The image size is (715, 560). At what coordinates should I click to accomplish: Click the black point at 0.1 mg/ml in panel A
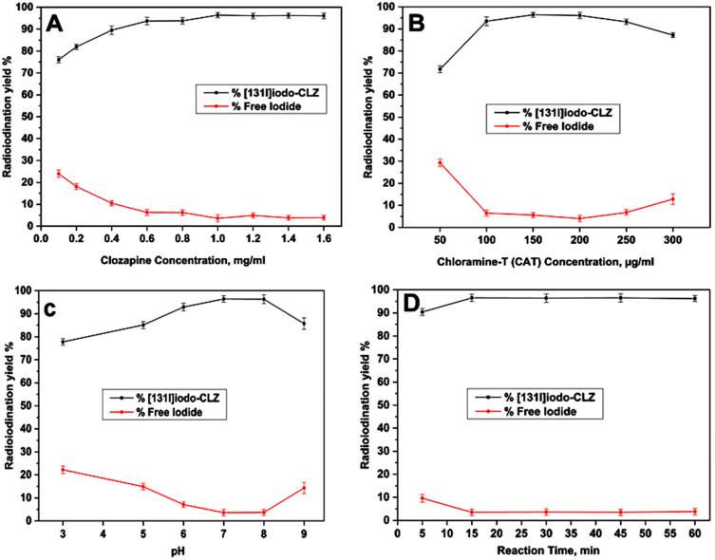pyautogui.click(x=58, y=60)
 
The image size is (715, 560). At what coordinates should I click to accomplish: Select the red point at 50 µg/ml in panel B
pyautogui.click(x=440, y=162)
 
